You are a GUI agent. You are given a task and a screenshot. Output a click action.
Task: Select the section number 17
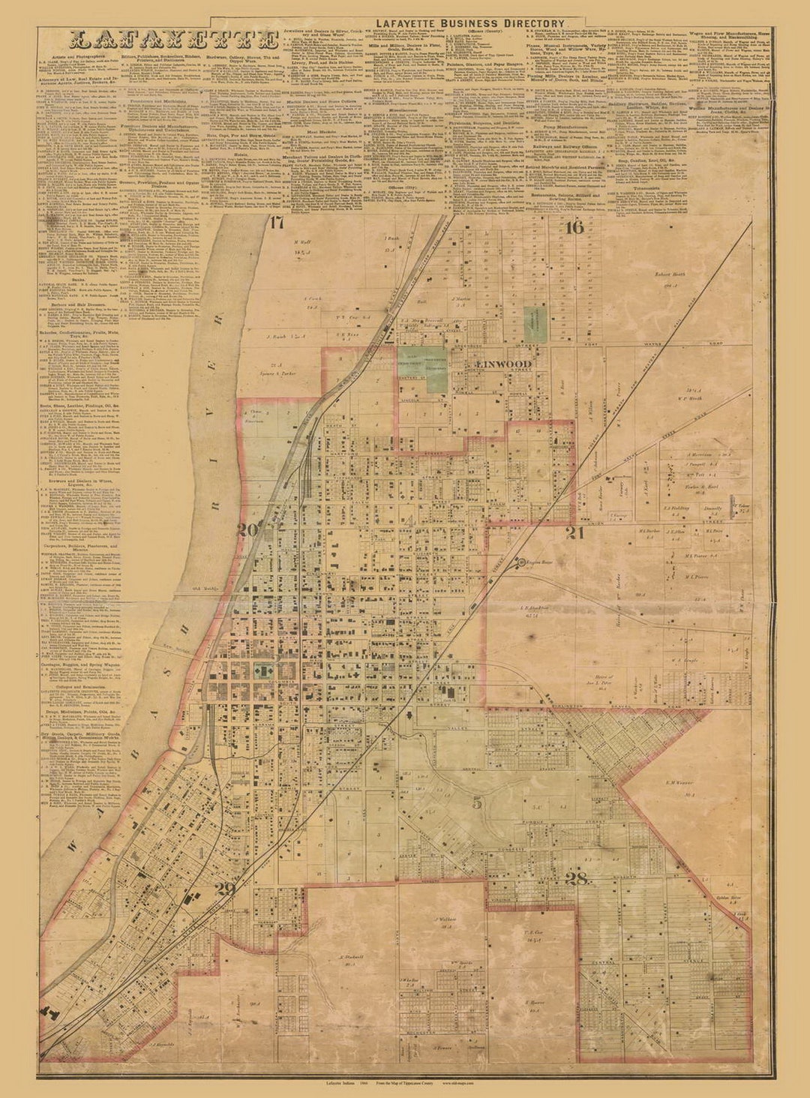pyautogui.click(x=277, y=222)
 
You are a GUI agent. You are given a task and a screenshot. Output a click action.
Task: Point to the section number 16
pyautogui.click(x=574, y=228)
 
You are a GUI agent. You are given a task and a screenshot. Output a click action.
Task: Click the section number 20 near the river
pyautogui.click(x=247, y=530)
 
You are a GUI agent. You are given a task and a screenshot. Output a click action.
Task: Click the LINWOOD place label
pyautogui.click(x=504, y=364)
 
